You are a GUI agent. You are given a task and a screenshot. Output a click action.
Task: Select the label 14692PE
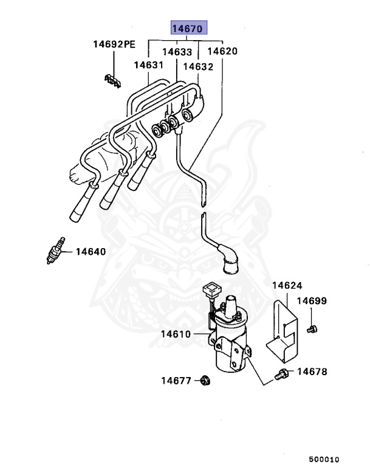114,44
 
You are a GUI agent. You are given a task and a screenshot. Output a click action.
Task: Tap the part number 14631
149,64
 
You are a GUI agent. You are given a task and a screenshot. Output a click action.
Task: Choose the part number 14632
198,66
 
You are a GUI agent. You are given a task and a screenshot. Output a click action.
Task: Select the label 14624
287,285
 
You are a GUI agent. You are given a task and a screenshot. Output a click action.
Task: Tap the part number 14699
312,301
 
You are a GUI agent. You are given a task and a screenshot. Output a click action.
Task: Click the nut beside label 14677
205,381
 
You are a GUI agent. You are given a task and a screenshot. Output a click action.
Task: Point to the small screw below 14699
312,329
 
